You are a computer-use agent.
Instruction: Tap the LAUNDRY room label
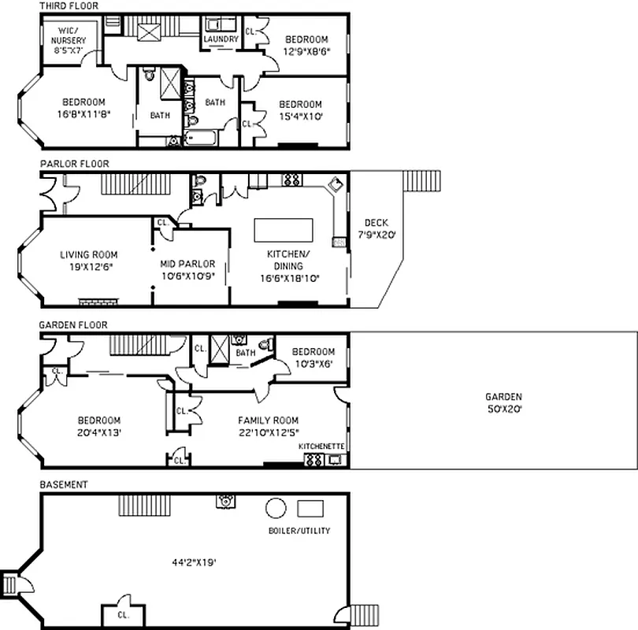[x=221, y=39]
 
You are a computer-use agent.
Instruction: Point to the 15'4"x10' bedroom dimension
[x=300, y=116]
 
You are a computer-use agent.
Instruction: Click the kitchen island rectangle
[x=283, y=231]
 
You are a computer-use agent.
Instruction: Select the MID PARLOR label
[x=187, y=264]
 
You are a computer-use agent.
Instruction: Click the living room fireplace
[x=98, y=301]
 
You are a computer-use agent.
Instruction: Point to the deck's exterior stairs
[x=422, y=180]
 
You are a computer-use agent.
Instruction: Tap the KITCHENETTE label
[x=321, y=447]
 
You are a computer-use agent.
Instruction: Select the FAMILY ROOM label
[x=268, y=420]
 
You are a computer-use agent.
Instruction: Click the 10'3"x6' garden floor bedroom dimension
[x=313, y=363]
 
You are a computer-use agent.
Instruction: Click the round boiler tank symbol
[x=276, y=508]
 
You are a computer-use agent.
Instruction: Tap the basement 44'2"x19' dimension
[x=195, y=562]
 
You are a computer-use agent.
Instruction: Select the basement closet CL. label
[x=123, y=614]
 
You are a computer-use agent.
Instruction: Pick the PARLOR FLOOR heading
[x=74, y=164]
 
